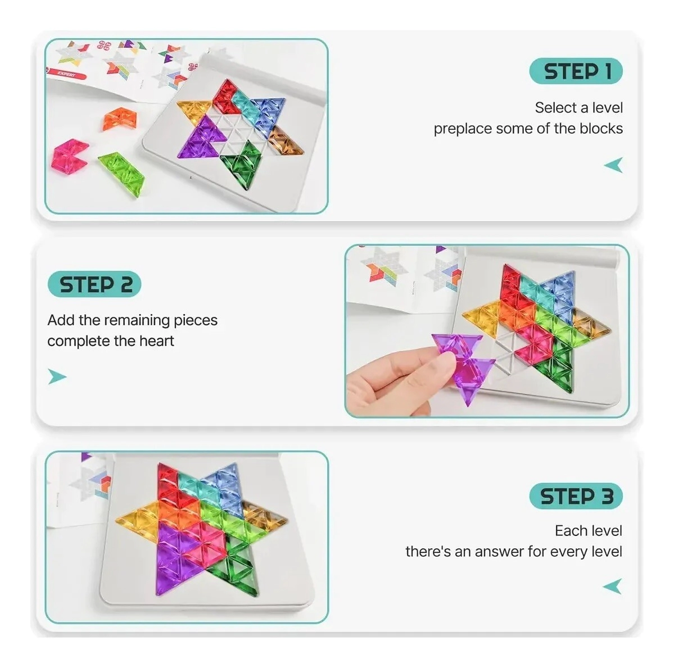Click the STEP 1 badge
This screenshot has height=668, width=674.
pos(576,71)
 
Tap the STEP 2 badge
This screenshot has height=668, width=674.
pos(94,284)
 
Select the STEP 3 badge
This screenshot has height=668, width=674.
pos(576,496)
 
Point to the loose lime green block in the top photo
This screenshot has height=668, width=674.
pos(121,172)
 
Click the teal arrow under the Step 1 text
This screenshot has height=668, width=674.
pos(613,165)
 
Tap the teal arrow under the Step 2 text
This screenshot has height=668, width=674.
pos(57,376)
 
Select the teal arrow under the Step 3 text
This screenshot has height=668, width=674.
pos(613,587)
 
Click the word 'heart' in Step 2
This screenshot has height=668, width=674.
pos(156,341)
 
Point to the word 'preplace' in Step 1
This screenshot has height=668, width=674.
pos(463,129)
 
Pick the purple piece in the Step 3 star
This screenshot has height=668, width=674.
pos(178,558)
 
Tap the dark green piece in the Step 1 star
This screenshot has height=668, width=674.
pos(241,165)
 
